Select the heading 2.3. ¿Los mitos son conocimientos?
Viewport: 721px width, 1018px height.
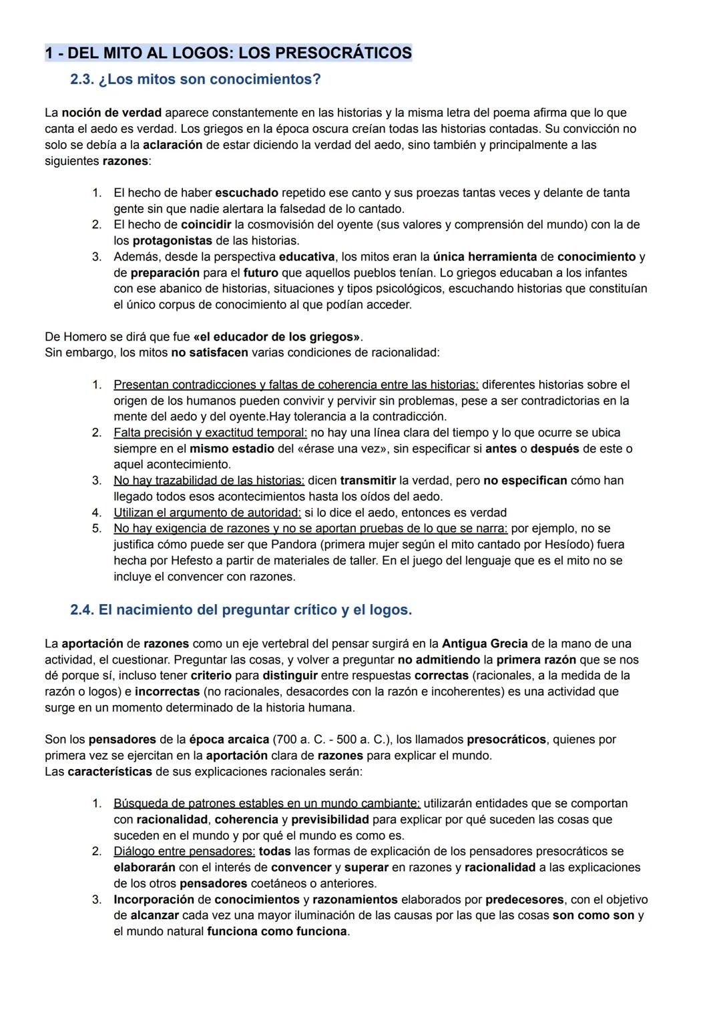point(195,79)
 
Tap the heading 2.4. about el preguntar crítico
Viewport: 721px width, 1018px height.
point(240,610)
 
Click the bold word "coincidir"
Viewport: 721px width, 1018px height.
point(206,225)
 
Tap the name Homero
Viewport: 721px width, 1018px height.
point(84,337)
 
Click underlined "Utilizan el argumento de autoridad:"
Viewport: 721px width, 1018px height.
point(207,513)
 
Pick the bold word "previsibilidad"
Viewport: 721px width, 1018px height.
point(330,819)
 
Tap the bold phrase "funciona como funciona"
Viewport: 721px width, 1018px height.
point(277,931)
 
